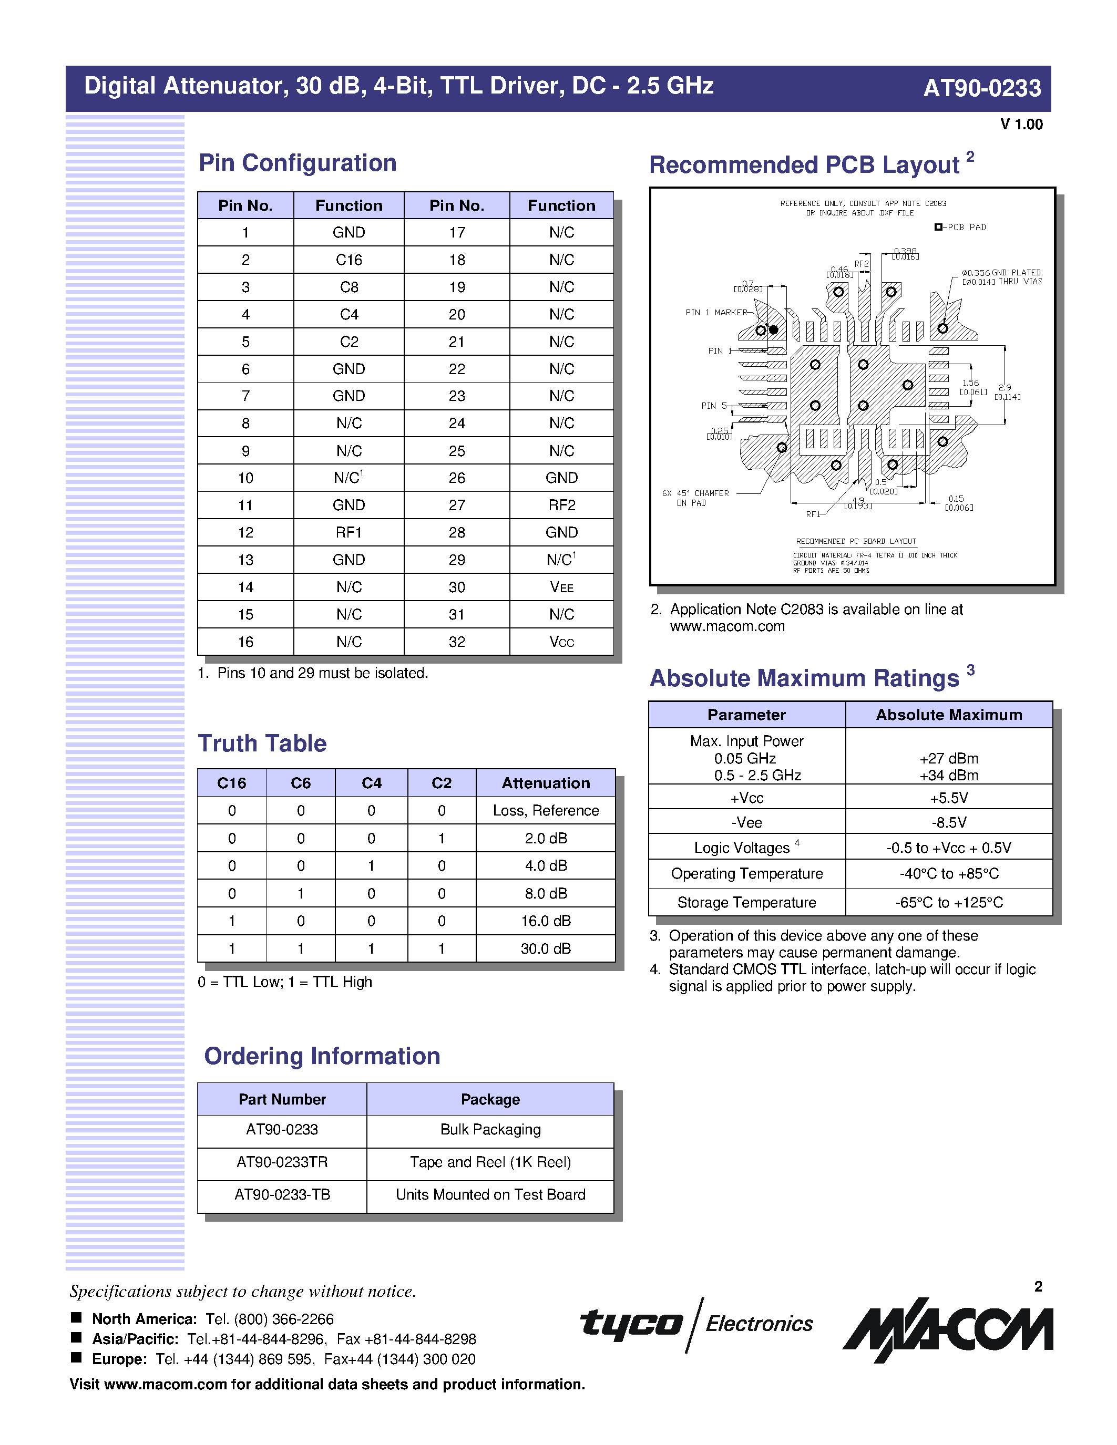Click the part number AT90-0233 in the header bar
[981, 88]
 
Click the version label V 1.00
[1021, 125]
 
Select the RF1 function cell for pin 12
[349, 533]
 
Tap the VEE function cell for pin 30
[561, 587]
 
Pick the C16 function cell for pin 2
[349, 260]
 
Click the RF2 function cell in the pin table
[561, 505]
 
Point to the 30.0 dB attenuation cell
[545, 949]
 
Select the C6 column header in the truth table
[301, 783]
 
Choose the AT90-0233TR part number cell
[282, 1162]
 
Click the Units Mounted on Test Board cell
[490, 1195]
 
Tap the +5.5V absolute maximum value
[948, 798]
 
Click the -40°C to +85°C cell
[948, 874]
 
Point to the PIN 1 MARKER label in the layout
[716, 312]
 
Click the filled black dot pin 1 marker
[773, 329]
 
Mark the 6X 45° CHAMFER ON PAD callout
[695, 498]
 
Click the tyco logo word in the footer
[631, 1323]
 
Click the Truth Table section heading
[262, 744]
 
